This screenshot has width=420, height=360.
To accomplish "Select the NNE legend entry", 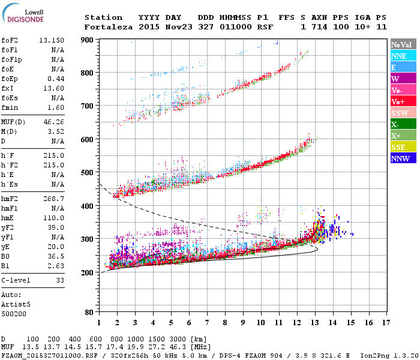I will tap(403, 56).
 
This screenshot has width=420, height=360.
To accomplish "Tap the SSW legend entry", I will tap(403, 113).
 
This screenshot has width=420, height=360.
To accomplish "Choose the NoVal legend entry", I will tap(403, 44).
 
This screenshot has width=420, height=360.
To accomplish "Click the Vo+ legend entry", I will tap(403, 101).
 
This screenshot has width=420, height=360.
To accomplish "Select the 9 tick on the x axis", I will tap(242, 323).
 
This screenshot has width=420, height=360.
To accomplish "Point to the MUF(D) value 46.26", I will tap(53, 122).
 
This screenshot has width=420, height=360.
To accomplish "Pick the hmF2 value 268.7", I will tap(53, 198).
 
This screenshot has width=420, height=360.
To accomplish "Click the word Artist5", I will tap(16, 304).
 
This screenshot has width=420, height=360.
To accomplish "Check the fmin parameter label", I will tap(12, 107).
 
